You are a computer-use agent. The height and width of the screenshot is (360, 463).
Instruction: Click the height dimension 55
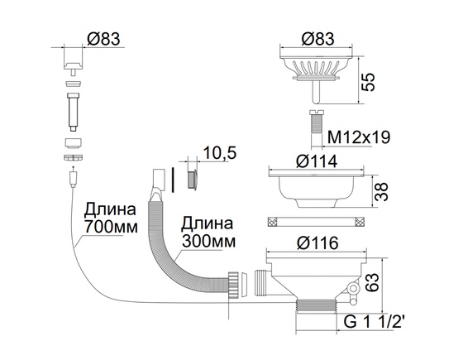371,80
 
